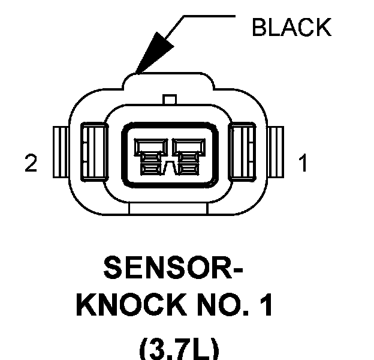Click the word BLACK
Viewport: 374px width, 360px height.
291,27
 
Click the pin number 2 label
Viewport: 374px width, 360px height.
31,163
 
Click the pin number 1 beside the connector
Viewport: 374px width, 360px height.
303,163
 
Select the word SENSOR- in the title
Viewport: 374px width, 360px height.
173,268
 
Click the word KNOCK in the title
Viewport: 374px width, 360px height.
131,305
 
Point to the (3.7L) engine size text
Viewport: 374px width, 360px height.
179,349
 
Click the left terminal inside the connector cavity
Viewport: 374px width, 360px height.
151,157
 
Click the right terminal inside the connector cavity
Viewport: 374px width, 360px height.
188,157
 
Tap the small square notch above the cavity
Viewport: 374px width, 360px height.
170,100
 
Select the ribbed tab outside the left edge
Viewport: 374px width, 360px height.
61,152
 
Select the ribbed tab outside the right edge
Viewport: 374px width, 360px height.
276,152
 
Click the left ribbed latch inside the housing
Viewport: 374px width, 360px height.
95,152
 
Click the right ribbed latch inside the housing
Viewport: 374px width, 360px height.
242,152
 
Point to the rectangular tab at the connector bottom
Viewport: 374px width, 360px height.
168,209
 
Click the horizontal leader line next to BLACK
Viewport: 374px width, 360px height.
209,16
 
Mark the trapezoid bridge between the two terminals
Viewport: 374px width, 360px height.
170,168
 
